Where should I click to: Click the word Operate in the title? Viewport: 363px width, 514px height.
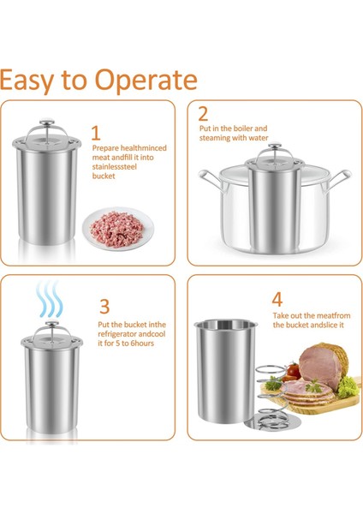pyautogui.click(x=146, y=80)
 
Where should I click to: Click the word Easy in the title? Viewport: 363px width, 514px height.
pyautogui.click(x=27, y=81)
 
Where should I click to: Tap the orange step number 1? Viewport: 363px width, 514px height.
pyautogui.click(x=96, y=133)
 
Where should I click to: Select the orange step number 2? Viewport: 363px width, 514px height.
pyautogui.click(x=203, y=114)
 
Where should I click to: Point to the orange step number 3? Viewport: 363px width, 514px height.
pyautogui.click(x=104, y=306)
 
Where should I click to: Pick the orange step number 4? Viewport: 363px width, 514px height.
pyautogui.click(x=277, y=299)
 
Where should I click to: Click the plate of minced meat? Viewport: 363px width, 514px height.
pyautogui.click(x=117, y=228)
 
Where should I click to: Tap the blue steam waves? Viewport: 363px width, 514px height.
pyautogui.click(x=49, y=298)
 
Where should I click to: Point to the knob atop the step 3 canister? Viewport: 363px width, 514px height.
pyautogui.click(x=52, y=323)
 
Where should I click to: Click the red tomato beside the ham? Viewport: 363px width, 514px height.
pyautogui.click(x=293, y=371)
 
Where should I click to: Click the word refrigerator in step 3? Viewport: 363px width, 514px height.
pyautogui.click(x=117, y=334)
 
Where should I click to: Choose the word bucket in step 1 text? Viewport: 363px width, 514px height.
pyautogui.click(x=104, y=176)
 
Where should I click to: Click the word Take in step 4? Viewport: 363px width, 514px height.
pyautogui.click(x=280, y=315)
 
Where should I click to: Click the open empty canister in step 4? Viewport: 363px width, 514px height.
pyautogui.click(x=226, y=370)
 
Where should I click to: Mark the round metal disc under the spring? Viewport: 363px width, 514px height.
pyautogui.click(x=272, y=423)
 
